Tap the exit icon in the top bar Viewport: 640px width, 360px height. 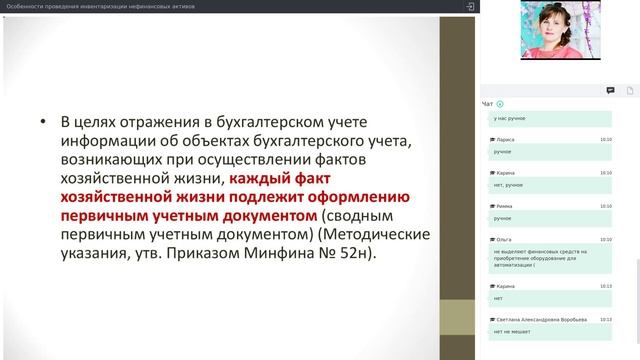tap(470, 6)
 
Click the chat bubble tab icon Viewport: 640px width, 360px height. tap(610, 90)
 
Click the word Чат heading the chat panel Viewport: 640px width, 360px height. tap(487, 104)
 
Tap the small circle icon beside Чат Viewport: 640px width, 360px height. tap(500, 104)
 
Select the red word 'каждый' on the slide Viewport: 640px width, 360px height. tap(260, 179)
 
